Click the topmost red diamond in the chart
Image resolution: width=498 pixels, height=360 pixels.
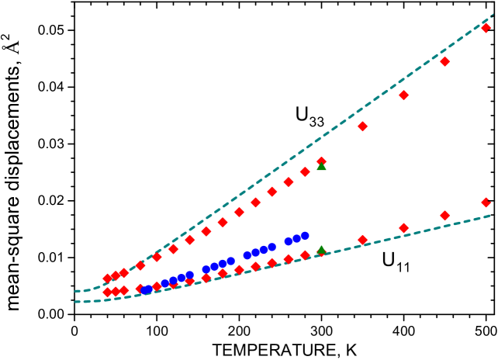pos(486,28)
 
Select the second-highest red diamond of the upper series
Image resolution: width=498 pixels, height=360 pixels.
pos(444,61)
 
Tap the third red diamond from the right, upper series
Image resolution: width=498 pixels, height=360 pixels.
pos(403,95)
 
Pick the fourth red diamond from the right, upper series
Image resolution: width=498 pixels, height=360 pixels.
pos(362,126)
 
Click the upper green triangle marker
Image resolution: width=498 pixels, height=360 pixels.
pos(321,166)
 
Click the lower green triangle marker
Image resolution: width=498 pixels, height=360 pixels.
pos(321,250)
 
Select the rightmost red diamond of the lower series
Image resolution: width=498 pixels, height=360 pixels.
pos(486,202)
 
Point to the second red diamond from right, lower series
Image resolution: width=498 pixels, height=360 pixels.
pos(444,216)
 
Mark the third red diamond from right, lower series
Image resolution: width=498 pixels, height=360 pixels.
pos(403,228)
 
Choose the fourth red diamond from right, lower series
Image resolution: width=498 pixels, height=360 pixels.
pos(362,240)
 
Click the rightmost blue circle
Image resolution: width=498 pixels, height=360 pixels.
pos(305,235)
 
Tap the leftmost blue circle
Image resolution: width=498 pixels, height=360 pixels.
pos(145,290)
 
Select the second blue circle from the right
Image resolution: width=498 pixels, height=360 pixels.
pos(296,238)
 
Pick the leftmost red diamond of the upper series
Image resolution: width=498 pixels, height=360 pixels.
pos(107,279)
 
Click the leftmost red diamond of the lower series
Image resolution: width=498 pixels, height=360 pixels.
pos(107,292)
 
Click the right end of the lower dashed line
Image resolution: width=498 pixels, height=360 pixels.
pos(492,215)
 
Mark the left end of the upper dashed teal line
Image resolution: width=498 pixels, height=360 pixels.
pos(75,291)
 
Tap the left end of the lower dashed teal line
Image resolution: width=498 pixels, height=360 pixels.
pos(75,301)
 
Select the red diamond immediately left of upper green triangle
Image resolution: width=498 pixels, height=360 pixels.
pos(305,171)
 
